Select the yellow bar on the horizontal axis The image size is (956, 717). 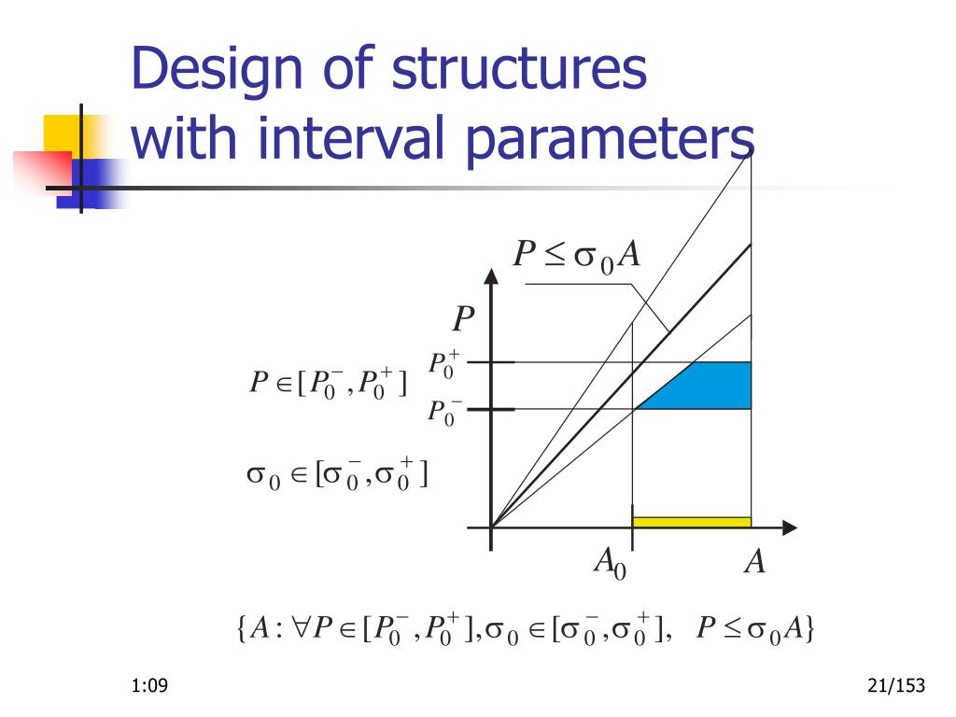pos(692,522)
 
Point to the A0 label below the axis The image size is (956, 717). pos(609,563)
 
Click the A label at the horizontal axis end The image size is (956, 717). pos(754,562)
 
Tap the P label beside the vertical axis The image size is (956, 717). pos(463,321)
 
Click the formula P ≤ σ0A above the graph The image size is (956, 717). pos(577,256)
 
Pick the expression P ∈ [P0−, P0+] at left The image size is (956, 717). pos(328,383)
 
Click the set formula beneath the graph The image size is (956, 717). pos(526,629)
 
